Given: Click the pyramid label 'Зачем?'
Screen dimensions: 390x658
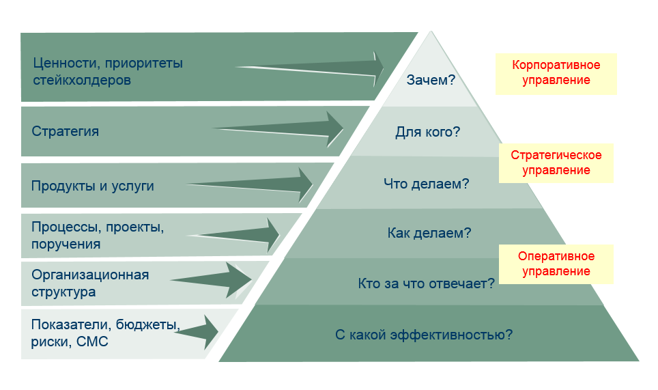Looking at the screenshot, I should click(431, 81).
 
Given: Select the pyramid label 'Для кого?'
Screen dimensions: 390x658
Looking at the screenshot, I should click(428, 132).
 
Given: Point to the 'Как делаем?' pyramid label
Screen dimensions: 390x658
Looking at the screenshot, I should click(429, 233).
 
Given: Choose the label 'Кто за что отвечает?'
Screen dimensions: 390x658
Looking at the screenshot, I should click(427, 283).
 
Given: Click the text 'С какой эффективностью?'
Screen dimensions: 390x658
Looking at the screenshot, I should click(424, 335).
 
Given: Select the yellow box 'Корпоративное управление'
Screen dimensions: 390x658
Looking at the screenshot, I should click(556, 73).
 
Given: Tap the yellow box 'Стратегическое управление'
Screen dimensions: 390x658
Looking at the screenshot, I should click(556, 163).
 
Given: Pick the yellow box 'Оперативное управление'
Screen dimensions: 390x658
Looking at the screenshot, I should click(556, 264).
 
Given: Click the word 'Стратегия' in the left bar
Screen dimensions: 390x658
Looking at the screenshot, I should click(66, 131).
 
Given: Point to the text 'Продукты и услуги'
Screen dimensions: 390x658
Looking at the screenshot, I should click(93, 186).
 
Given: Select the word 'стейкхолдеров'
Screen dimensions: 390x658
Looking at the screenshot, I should click(81, 80).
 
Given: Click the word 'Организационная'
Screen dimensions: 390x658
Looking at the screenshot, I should click(90, 275).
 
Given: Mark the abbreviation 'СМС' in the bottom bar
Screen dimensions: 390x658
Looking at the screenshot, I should click(93, 342).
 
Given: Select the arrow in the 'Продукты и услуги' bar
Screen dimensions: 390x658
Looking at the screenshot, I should click(256, 184).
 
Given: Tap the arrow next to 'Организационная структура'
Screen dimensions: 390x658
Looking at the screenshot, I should click(215, 279).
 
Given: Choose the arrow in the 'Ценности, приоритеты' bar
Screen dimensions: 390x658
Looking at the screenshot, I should click(314, 67).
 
